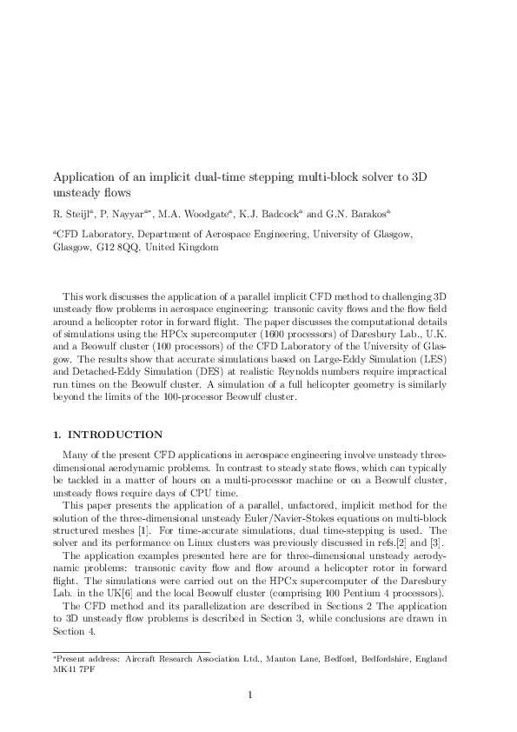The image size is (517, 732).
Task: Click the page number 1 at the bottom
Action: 250,695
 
